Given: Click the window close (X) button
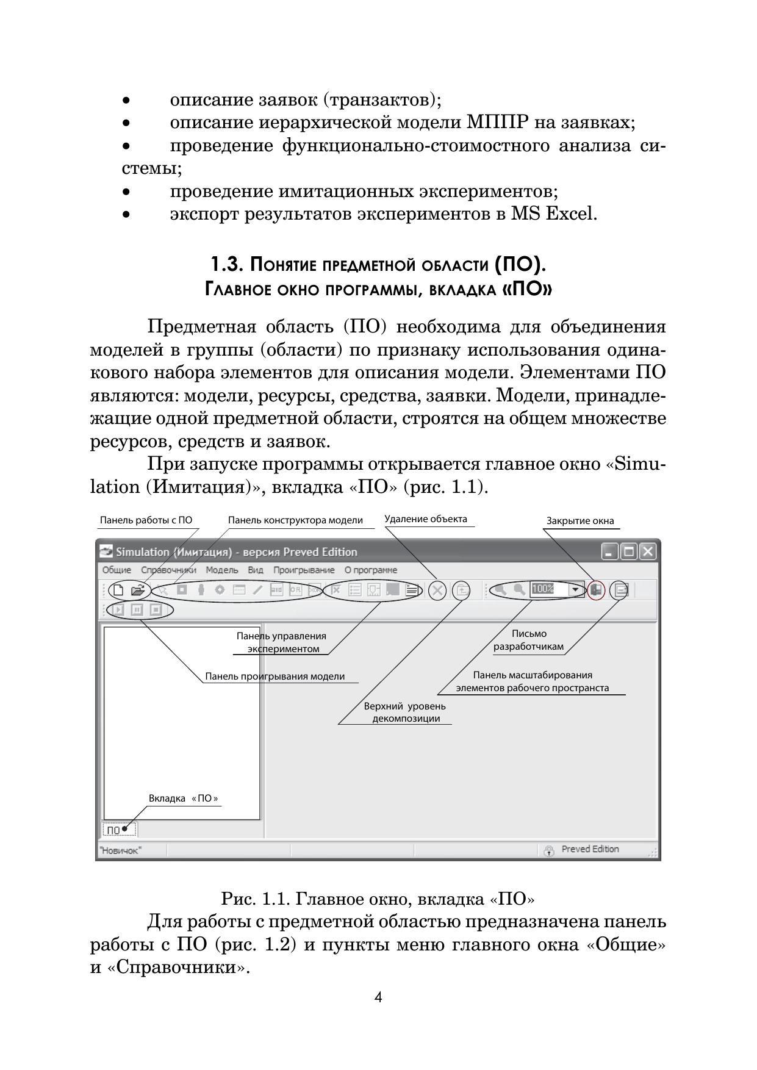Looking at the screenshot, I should click(648, 551).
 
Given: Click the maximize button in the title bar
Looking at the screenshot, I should click(629, 551).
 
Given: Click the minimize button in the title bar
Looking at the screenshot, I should click(610, 551).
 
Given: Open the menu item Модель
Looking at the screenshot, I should click(221, 570).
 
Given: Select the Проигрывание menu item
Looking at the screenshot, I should click(304, 570).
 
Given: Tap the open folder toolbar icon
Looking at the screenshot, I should click(138, 591).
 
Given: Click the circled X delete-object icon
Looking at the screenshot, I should click(437, 591).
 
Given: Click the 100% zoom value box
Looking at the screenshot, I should click(548, 590).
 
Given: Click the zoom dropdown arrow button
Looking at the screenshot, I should click(575, 590).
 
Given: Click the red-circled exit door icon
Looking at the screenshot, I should click(596, 590).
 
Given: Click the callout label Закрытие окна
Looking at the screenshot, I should click(579, 521).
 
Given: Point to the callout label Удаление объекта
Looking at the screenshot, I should click(426, 519).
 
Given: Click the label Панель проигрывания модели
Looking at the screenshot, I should click(274, 677).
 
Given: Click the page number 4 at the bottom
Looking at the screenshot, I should click(378, 997).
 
